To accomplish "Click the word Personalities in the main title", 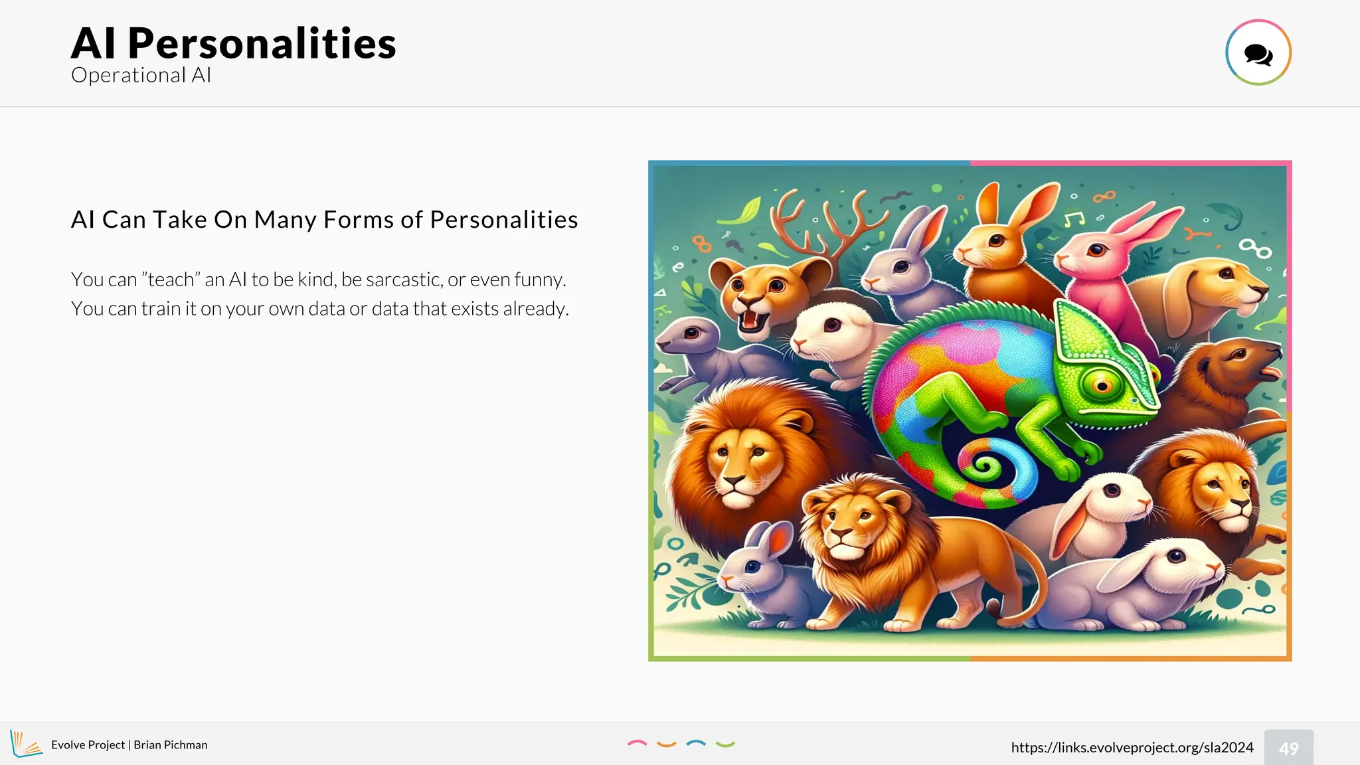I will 262,44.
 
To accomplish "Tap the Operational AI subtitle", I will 141,75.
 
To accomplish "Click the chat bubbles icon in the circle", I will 1258,53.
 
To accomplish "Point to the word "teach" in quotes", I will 171,280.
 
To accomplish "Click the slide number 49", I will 1288,748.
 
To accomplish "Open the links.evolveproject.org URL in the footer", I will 1132,747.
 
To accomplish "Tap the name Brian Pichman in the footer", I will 171,745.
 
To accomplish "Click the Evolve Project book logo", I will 25,744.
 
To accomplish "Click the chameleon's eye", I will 1102,384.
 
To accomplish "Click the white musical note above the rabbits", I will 1073,219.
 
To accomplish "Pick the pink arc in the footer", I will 637,744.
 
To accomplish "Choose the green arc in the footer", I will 725,744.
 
